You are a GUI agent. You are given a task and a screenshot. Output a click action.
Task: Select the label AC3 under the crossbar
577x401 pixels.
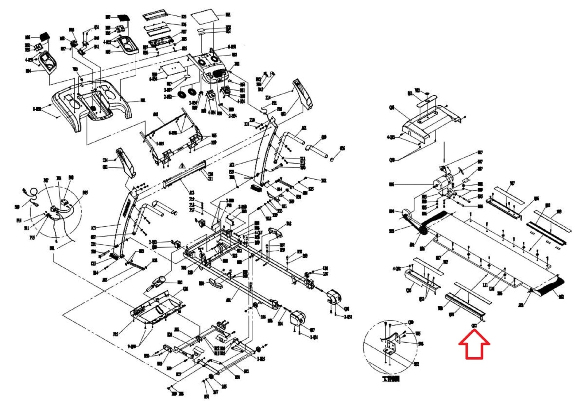[x=191, y=193]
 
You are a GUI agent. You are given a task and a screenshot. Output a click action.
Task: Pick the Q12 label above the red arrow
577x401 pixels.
[x=474, y=326]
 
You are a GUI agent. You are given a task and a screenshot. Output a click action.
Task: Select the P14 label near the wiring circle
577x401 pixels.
[x=19, y=220]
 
